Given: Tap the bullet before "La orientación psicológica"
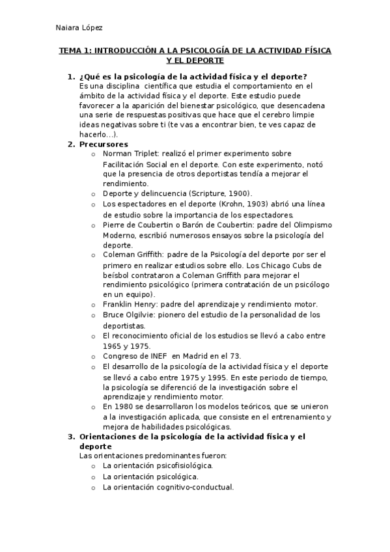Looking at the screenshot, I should tap(93, 477).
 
